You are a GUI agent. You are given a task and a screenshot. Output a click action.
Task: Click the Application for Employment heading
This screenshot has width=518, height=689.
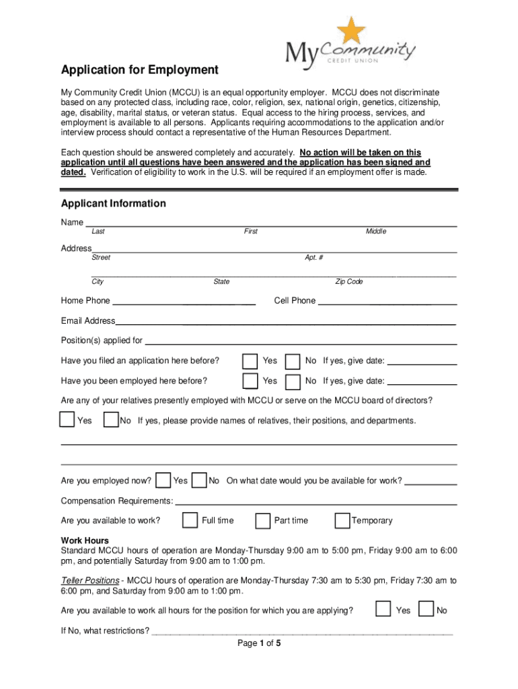pyautogui.click(x=140, y=70)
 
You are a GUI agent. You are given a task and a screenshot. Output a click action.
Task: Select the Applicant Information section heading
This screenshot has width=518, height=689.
pyautogui.click(x=113, y=203)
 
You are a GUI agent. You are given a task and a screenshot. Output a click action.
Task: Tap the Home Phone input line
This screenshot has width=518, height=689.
pyautogui.click(x=184, y=303)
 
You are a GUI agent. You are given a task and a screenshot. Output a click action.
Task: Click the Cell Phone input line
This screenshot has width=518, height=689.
pyautogui.click(x=387, y=303)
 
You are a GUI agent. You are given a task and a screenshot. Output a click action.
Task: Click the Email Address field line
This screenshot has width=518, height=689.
pyautogui.click(x=286, y=323)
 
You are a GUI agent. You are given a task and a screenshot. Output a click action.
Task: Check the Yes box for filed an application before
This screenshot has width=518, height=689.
pyautogui.click(x=250, y=361)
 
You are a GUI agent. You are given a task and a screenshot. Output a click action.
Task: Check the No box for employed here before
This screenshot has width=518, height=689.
pyautogui.click(x=293, y=382)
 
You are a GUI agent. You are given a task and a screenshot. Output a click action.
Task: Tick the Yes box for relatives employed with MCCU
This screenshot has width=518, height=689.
pyautogui.click(x=67, y=420)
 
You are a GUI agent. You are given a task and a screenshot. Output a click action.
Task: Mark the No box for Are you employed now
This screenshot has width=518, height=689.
pyautogui.click(x=199, y=480)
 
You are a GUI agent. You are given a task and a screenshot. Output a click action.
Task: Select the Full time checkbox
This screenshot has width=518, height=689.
pyautogui.click(x=190, y=520)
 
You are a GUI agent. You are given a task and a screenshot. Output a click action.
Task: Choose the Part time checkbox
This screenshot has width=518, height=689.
pyautogui.click(x=263, y=520)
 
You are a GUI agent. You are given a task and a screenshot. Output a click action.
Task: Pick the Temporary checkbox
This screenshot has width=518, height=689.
pyautogui.click(x=342, y=520)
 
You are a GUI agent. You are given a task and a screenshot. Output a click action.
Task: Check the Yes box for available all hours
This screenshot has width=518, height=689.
pyautogui.click(x=383, y=610)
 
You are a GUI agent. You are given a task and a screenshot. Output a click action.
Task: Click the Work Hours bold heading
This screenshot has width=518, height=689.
pyautogui.click(x=85, y=540)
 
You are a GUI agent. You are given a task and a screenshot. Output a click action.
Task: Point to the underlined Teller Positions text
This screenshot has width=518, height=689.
pyautogui.click(x=90, y=581)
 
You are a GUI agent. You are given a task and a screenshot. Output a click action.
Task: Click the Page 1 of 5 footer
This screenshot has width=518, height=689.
pyautogui.click(x=259, y=643)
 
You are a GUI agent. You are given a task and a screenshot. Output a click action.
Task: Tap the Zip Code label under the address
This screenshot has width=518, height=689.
pyautogui.click(x=349, y=282)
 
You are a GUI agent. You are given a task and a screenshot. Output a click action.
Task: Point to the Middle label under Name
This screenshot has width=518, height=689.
pyautogui.click(x=376, y=231)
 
